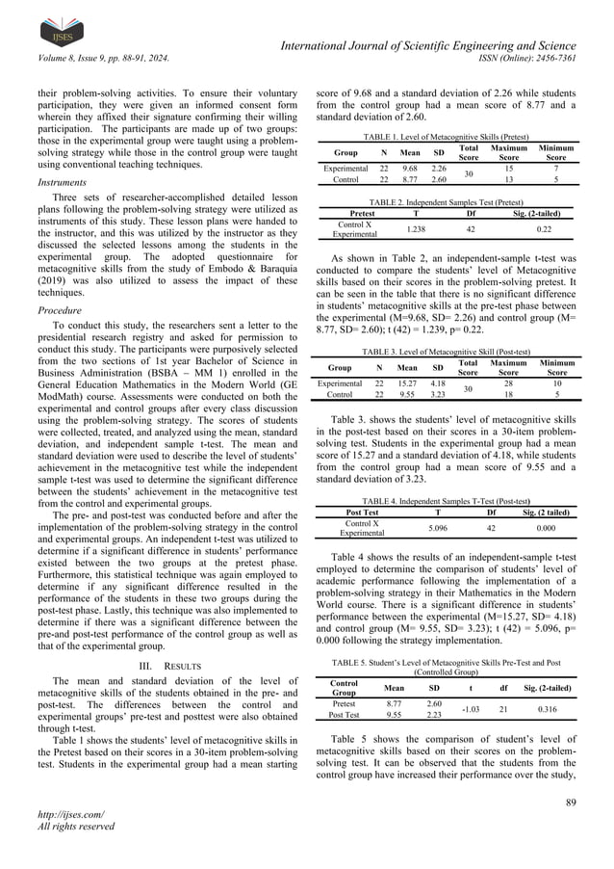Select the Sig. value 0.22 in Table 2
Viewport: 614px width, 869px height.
544,228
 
